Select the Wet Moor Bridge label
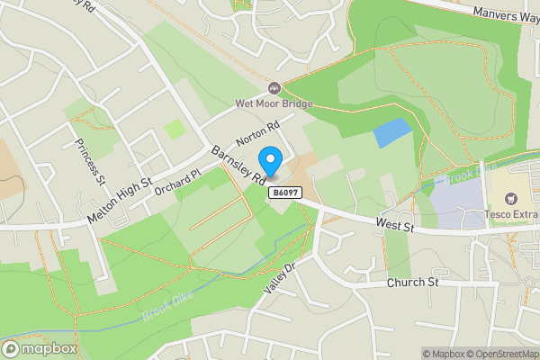tap(274, 103)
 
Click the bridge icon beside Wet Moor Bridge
tap(274, 88)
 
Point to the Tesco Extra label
tap(513, 213)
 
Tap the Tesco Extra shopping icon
tap(513, 198)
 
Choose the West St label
tap(395, 226)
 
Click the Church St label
tap(412, 283)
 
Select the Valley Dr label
tap(280, 279)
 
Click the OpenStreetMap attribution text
tap(500, 354)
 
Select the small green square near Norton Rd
tap(176, 129)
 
